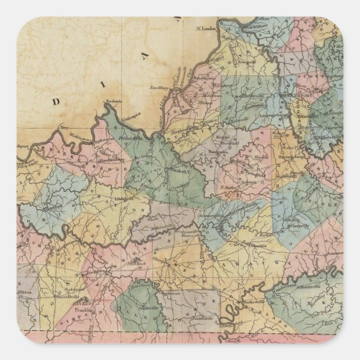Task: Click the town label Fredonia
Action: click(x=115, y=101)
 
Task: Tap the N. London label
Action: click(x=205, y=29)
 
